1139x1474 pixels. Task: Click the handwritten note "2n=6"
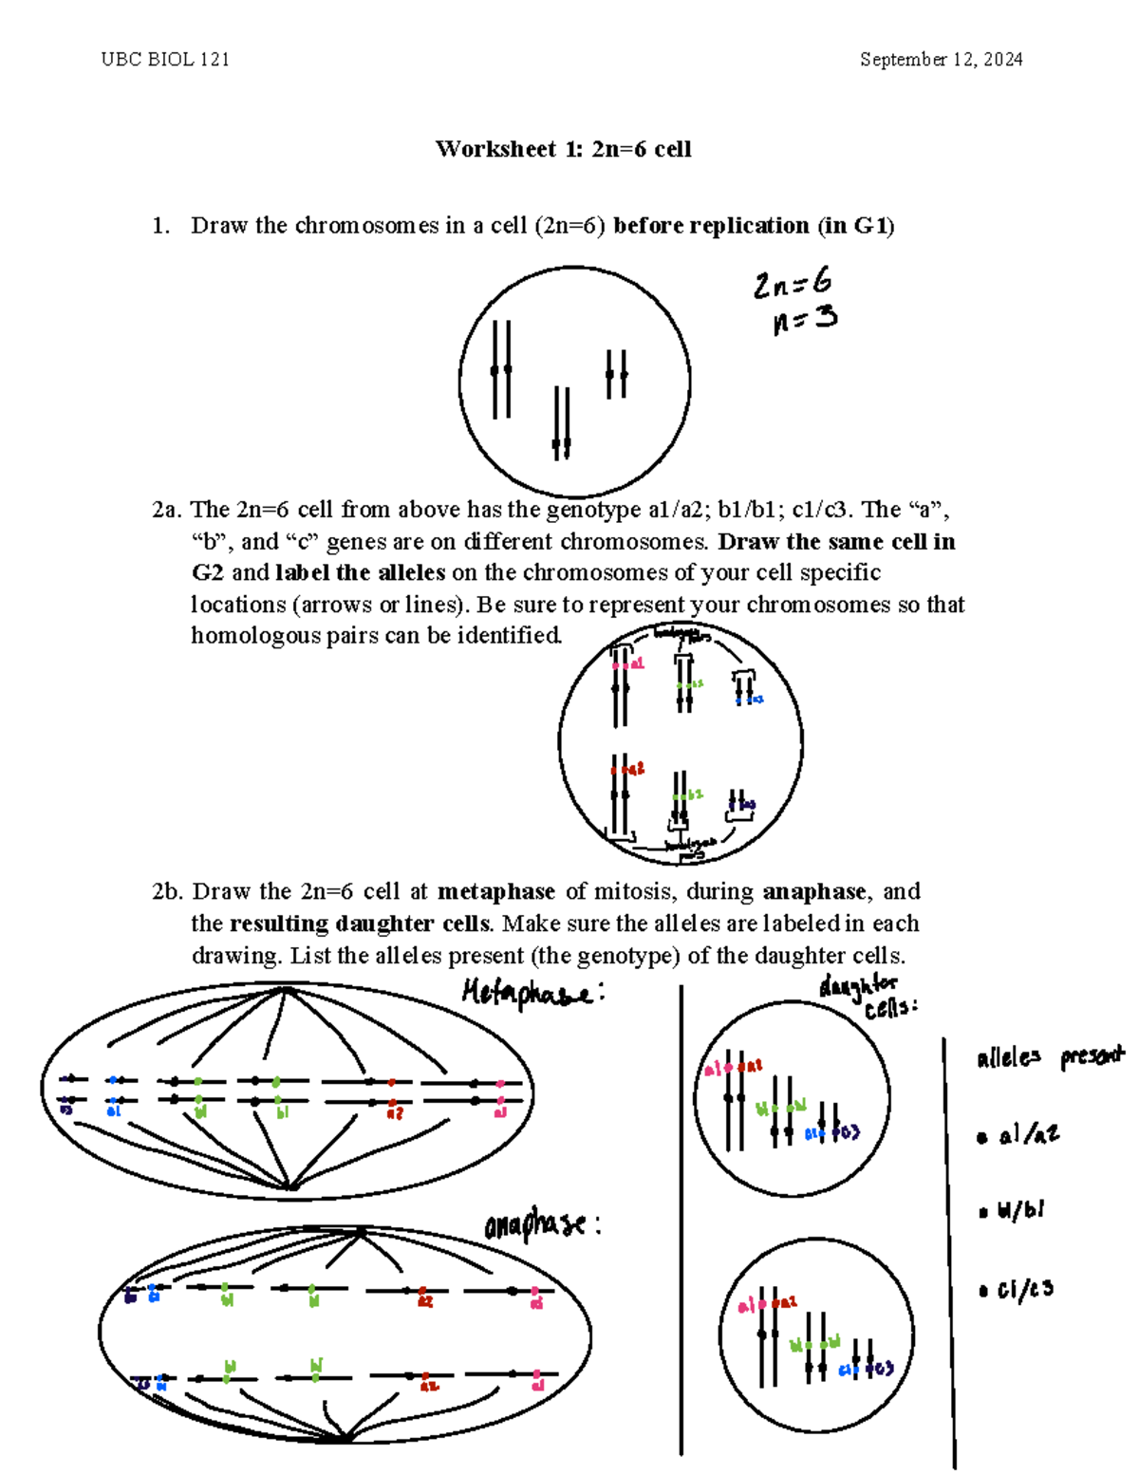coord(793,283)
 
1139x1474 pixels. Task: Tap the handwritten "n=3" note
coord(805,320)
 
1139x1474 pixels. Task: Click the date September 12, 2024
coord(941,60)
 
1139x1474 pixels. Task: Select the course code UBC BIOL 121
coord(165,60)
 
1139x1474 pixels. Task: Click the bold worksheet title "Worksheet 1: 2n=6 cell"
coord(563,149)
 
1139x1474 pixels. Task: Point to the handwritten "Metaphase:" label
coord(532,994)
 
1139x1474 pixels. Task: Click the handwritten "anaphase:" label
coord(541,1225)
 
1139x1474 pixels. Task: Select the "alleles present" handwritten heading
coord(1049,1057)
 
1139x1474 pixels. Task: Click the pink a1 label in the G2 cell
coord(635,664)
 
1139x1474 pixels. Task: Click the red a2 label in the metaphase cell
coord(394,1113)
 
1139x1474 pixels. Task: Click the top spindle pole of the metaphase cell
coord(284,991)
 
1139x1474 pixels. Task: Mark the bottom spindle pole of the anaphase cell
coord(344,1437)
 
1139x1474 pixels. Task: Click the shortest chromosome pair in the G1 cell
coord(617,374)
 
